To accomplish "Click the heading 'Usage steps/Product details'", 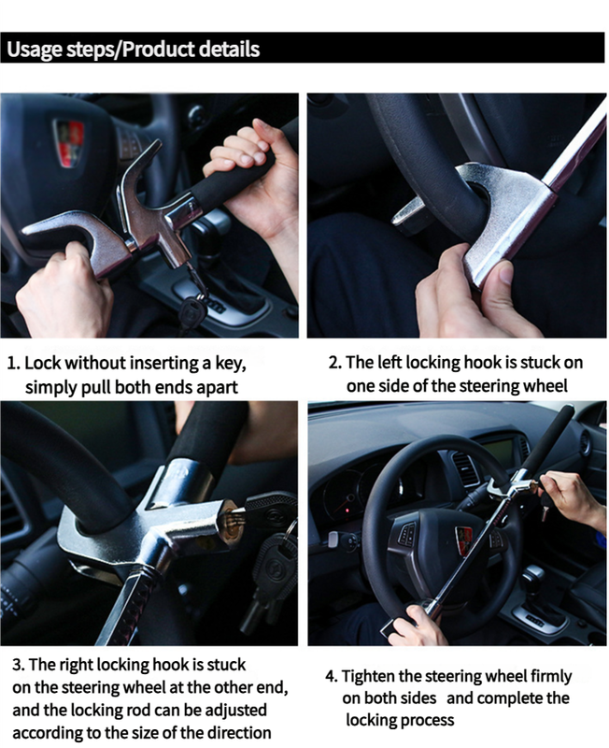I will (x=134, y=49).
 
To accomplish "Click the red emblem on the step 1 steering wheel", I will (x=68, y=142).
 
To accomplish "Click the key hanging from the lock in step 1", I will (x=192, y=309).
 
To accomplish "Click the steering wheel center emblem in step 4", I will (x=463, y=539).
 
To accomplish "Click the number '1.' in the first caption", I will (x=14, y=363).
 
